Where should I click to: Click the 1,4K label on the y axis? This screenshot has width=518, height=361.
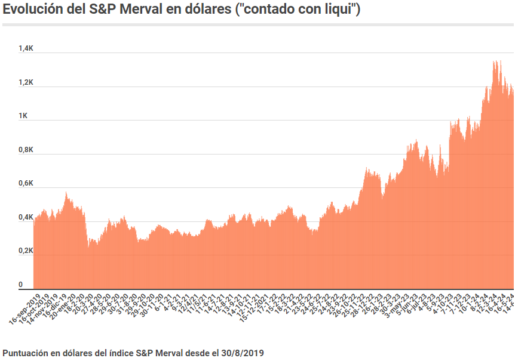tap(26, 48)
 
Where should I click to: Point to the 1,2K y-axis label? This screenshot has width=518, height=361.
tap(26, 82)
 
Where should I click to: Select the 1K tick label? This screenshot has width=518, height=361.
tap(23, 115)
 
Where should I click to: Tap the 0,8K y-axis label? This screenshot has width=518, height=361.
tap(26, 149)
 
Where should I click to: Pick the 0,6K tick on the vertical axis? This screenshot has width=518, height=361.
tap(26, 183)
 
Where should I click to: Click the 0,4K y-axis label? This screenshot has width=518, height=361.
tap(26, 217)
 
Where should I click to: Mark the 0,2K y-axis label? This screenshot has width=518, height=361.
tap(26, 250)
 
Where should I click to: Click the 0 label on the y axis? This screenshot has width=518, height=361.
tap(20, 284)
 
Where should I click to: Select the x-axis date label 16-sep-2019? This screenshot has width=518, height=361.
tap(26, 308)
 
